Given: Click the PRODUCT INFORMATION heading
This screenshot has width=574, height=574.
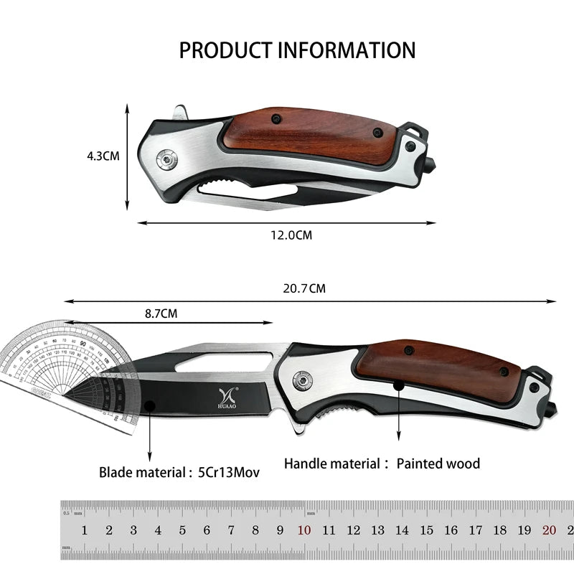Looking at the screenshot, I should (297, 50).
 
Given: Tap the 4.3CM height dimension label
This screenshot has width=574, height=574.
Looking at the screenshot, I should (103, 155).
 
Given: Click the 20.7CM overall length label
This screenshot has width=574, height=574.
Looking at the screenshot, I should (304, 288).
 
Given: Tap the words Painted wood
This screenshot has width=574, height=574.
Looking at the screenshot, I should (438, 464).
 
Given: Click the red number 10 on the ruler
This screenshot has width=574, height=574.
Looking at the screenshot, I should (304, 531).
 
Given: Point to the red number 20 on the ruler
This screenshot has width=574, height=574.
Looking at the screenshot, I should (549, 531).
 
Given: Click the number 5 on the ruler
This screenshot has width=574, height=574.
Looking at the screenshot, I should (182, 531).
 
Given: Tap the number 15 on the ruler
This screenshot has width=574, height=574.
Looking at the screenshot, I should (427, 531).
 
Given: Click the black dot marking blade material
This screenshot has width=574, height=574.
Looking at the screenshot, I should (149, 406).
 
